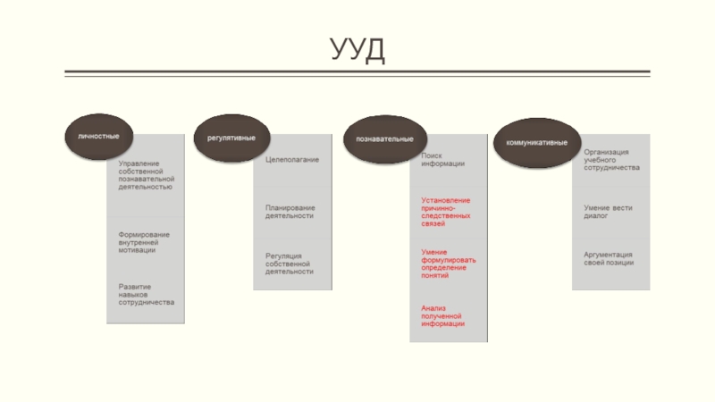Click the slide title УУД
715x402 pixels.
click(x=357, y=50)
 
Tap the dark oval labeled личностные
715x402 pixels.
click(x=98, y=137)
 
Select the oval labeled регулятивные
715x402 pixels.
click(x=231, y=138)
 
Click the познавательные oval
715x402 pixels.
click(x=384, y=139)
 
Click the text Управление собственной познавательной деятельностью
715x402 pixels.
click(x=146, y=175)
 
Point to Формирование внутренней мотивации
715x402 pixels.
click(x=144, y=242)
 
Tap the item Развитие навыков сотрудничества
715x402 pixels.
click(x=146, y=295)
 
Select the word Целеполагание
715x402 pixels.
click(x=292, y=160)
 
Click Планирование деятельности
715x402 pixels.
click(x=290, y=212)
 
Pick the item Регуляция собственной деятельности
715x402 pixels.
click(x=290, y=264)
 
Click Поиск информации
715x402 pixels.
click(x=443, y=160)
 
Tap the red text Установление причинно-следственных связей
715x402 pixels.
click(x=446, y=212)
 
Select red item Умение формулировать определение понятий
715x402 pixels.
click(x=449, y=264)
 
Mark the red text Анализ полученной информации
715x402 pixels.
click(x=443, y=315)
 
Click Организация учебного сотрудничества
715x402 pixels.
click(x=612, y=160)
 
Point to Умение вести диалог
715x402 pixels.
click(x=609, y=212)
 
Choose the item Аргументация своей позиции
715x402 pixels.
click(x=609, y=258)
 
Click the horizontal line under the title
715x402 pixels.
click(x=357, y=72)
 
